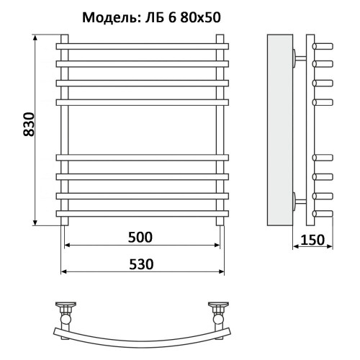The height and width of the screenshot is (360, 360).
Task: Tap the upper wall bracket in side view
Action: tap(299, 57)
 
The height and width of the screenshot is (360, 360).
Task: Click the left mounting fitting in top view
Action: tap(66, 311)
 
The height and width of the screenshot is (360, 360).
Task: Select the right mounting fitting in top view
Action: tap(218, 311)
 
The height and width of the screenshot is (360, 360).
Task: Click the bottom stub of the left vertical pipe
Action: tap(66, 221)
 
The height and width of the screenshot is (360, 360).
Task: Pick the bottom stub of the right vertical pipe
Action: tap(221, 221)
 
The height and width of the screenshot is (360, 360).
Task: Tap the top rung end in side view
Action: tap(324, 45)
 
